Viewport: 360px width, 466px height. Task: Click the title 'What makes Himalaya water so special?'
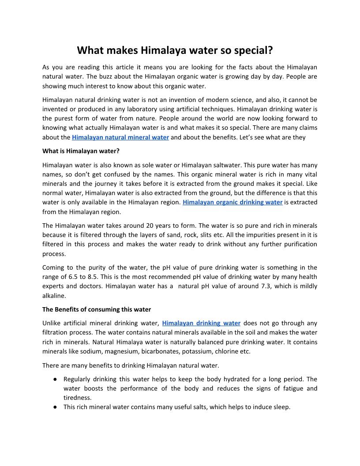point(175,50)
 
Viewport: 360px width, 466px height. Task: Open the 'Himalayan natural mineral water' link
point(120,137)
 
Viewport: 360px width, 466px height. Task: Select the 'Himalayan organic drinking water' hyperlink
point(232,203)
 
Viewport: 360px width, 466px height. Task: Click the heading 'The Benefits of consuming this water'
point(97,309)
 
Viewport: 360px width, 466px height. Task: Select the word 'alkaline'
point(54,296)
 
